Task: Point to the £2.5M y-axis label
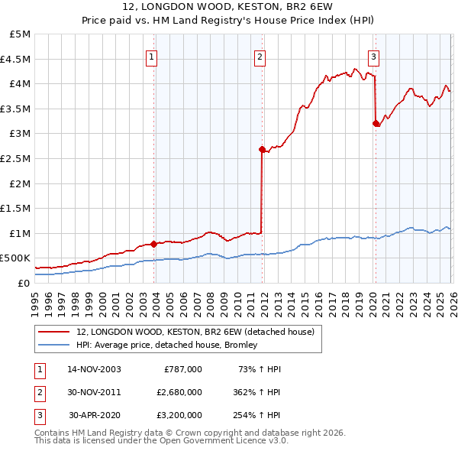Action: (x=16, y=158)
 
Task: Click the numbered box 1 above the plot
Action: (x=151, y=57)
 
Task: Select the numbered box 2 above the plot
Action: (x=260, y=57)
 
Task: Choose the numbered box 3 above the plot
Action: (x=373, y=57)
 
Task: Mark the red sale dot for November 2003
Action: (x=154, y=244)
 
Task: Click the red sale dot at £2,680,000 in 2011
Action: (x=262, y=150)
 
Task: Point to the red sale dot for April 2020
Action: (x=375, y=123)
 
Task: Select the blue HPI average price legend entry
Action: (x=167, y=345)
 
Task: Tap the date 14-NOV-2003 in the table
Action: (x=94, y=369)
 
